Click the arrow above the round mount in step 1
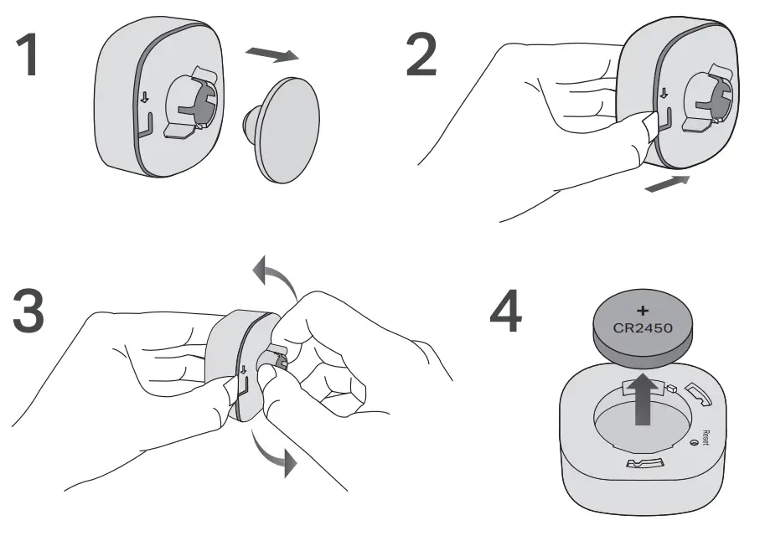click(x=272, y=54)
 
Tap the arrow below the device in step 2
click(x=667, y=183)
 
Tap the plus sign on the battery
click(x=644, y=311)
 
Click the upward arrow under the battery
click(x=644, y=399)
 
